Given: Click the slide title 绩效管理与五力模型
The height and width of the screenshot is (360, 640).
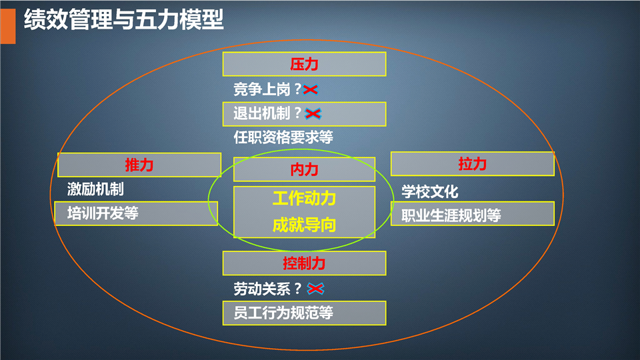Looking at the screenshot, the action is click(124, 19).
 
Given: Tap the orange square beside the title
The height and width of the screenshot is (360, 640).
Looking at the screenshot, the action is click(8, 26).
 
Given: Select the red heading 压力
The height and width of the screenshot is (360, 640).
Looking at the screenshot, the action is click(304, 64).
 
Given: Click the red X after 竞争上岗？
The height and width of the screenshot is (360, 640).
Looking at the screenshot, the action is click(311, 89).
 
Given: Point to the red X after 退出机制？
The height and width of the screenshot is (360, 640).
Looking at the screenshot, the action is click(313, 113).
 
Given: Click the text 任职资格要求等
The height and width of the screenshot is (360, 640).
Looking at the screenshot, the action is click(283, 137).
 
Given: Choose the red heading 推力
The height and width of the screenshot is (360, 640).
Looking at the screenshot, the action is click(139, 165).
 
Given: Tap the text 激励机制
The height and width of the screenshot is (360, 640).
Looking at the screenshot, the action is click(95, 189).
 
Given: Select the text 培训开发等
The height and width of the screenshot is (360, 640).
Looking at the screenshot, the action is click(103, 213).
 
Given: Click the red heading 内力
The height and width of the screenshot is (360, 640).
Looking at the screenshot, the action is click(304, 169).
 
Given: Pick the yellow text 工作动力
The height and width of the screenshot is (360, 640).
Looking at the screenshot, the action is click(304, 199).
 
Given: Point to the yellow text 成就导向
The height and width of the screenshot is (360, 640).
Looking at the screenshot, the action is click(304, 225).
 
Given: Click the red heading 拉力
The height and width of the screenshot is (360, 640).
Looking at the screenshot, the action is click(472, 164).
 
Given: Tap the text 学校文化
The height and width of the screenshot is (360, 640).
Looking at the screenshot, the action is click(430, 191).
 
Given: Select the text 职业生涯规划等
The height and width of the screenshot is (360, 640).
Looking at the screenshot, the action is click(451, 215).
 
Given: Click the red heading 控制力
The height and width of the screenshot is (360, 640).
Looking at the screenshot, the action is click(304, 263).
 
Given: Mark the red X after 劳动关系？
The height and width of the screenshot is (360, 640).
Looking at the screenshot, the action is click(315, 289).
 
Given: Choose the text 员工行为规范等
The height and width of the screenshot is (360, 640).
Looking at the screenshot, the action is click(283, 313).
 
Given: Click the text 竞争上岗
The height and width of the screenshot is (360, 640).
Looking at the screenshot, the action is click(261, 89).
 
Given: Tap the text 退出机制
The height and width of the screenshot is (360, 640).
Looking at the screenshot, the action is click(261, 113).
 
